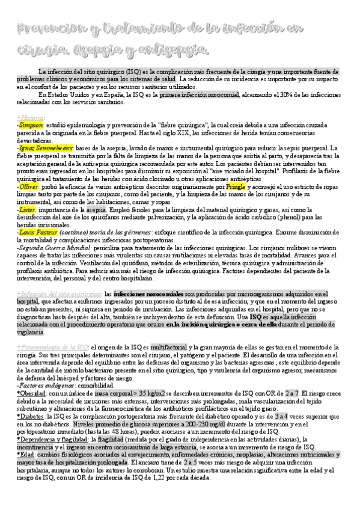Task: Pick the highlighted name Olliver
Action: tap(29, 187)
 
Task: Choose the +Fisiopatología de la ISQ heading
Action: tap(53, 347)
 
